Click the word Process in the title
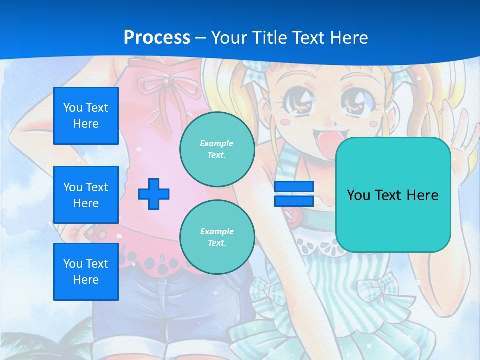(x=157, y=38)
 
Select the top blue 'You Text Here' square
(x=86, y=116)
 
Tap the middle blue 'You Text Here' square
(x=86, y=195)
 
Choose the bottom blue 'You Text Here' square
(x=86, y=272)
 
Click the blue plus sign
(x=154, y=194)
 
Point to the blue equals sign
(x=294, y=194)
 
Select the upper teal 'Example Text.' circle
(x=217, y=149)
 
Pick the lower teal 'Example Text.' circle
(x=217, y=237)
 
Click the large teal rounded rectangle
(x=393, y=195)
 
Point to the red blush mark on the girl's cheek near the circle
(x=284, y=121)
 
